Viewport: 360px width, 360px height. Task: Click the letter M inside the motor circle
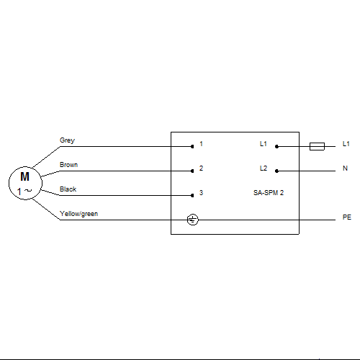click(x=25, y=176)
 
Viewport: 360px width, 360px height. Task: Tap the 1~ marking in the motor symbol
click(x=24, y=192)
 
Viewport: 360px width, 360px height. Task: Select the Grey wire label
click(x=67, y=140)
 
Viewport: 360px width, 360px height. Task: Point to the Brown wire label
click(x=68, y=165)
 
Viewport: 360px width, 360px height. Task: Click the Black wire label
click(x=68, y=189)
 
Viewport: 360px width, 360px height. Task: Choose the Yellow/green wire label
click(x=78, y=214)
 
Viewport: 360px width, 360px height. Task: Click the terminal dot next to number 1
click(x=192, y=146)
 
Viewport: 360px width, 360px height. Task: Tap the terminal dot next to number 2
click(x=192, y=171)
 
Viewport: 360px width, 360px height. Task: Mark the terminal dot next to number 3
click(x=192, y=195)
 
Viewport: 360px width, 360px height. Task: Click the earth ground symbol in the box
click(x=192, y=220)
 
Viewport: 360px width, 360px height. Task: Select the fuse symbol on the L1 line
click(x=317, y=146)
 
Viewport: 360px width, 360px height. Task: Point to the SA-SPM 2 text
click(x=269, y=193)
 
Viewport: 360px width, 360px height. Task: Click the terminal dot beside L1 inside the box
click(x=276, y=146)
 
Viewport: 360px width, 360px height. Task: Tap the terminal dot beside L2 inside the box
click(x=276, y=171)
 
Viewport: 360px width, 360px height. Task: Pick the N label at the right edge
click(x=345, y=168)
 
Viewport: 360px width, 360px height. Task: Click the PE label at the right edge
click(x=347, y=217)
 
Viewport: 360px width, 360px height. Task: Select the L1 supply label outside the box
click(x=346, y=144)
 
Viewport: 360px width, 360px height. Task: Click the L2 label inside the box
click(x=264, y=168)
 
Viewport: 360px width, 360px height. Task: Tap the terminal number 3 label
click(x=201, y=193)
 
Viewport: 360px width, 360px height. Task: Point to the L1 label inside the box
click(x=264, y=144)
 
